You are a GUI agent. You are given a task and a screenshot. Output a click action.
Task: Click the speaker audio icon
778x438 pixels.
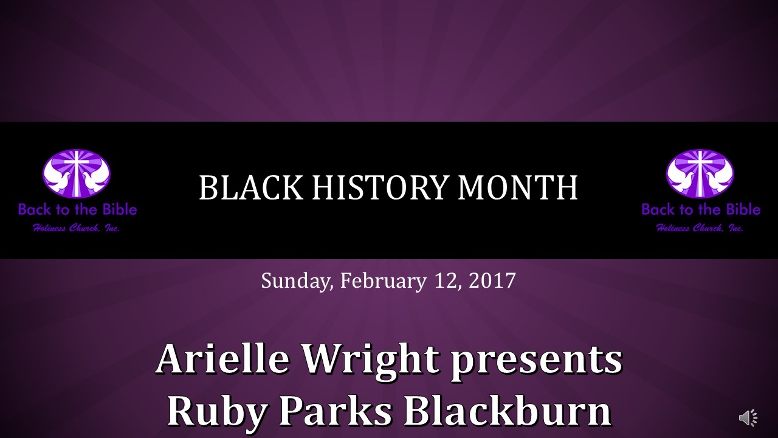(x=748, y=418)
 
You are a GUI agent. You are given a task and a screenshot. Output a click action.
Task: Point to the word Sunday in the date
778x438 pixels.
(x=296, y=281)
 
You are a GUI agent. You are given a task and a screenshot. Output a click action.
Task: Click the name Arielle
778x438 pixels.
(x=222, y=359)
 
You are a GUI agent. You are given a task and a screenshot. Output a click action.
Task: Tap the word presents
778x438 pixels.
(x=536, y=360)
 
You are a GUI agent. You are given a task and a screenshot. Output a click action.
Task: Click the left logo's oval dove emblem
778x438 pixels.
(x=77, y=174)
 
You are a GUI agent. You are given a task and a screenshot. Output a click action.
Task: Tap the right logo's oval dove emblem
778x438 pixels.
(x=700, y=174)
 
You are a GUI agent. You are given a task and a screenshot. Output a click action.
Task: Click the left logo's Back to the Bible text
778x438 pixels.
(x=77, y=210)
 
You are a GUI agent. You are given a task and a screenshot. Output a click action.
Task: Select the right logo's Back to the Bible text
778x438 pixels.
(x=701, y=210)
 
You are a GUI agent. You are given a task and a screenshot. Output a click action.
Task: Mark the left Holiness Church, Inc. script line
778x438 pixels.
(x=77, y=228)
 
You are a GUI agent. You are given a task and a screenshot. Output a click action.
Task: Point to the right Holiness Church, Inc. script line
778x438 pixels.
(x=700, y=228)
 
